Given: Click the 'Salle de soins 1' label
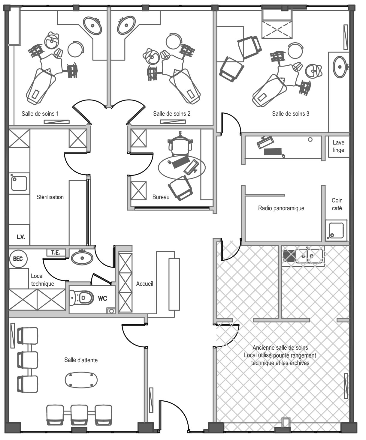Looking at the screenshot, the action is point(40,114).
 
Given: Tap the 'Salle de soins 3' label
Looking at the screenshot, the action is point(290,114).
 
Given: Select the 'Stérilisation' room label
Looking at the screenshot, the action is point(50,197).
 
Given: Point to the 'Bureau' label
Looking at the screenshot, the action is point(161,197).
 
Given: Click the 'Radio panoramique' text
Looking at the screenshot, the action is point(281,208).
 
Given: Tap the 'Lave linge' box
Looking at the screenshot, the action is point(339,147).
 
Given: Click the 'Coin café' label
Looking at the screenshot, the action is point(337,204).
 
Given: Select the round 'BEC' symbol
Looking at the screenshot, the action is point(18,259).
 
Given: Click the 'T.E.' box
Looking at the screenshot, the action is point(56,253).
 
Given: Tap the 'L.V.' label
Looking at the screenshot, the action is point(21,237).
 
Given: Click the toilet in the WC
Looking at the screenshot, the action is point(81,298).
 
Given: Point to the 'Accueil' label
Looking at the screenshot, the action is point(144,284).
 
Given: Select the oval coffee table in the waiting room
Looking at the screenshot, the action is point(81,380).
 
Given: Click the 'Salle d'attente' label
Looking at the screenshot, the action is point(81,360).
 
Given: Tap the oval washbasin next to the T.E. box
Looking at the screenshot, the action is point(82,258).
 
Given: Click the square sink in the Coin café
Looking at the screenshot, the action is point(336,231).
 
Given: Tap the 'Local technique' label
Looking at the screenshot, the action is point(42,280).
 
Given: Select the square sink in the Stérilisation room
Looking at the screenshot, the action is point(19,183).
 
